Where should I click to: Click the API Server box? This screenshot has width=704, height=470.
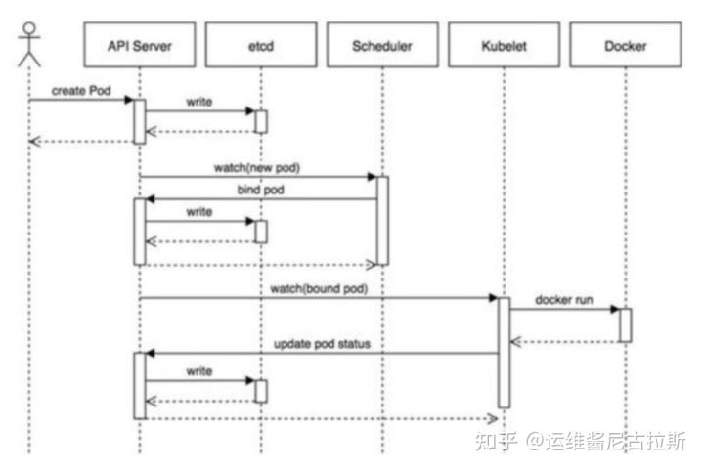140,45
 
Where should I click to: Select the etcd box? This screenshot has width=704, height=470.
261,45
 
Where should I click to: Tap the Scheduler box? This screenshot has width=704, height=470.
382,45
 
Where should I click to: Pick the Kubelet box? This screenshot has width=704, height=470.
504,45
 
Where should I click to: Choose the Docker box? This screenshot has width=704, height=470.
626,45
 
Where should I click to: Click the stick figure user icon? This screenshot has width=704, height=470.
29,44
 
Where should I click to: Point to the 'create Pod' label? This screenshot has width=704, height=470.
81,91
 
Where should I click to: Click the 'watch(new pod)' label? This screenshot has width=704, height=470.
257,168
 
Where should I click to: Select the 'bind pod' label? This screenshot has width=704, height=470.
260,190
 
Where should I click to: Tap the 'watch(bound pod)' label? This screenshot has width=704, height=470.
319,289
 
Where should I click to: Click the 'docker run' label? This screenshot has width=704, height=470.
564,300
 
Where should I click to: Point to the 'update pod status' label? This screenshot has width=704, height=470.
322,344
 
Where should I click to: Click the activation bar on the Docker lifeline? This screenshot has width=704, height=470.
626,325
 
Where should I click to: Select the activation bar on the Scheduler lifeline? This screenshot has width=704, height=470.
382,221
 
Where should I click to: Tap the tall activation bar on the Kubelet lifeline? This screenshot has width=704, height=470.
505,353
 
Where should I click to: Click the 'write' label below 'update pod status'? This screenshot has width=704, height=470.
199,371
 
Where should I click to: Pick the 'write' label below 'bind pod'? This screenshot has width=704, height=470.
199,212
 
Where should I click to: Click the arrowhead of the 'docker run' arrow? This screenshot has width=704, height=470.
615,309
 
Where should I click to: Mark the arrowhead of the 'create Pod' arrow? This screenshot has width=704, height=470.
129,100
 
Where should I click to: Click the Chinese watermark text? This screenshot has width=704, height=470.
580,441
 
